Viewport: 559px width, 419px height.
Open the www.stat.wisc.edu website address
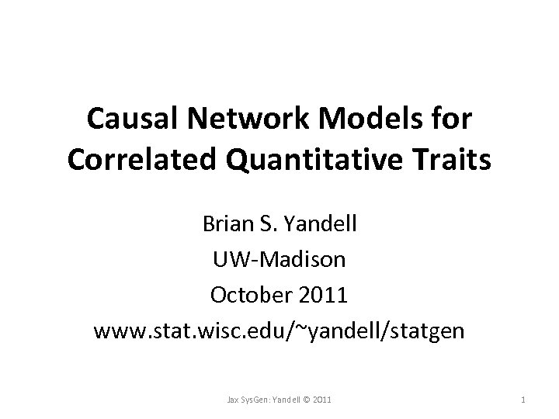(279, 331)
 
